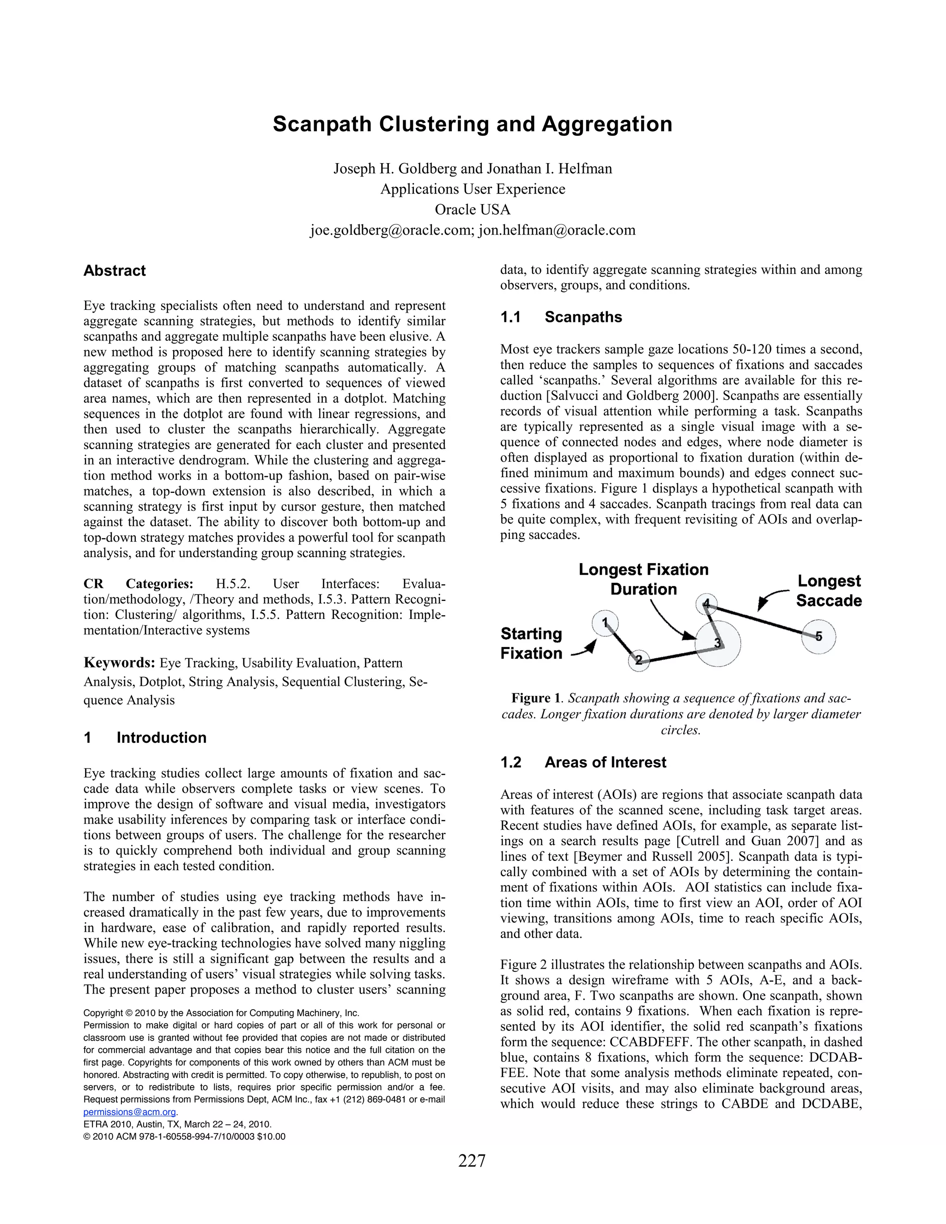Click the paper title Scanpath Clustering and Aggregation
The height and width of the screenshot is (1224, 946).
point(473,124)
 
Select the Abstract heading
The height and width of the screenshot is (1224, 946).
point(115,271)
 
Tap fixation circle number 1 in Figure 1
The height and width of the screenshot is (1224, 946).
point(605,623)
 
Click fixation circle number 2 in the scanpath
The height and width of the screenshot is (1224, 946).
point(639,660)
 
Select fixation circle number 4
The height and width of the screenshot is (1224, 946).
point(706,604)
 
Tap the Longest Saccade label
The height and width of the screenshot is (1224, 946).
point(829,591)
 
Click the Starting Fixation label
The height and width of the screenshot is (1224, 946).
point(531,643)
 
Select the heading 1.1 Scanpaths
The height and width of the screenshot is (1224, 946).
point(561,317)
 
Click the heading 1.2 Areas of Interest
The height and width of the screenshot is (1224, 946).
point(583,762)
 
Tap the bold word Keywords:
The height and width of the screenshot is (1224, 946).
point(119,663)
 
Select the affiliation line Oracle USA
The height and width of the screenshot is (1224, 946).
point(473,210)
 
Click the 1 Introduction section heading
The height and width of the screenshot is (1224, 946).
point(145,738)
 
